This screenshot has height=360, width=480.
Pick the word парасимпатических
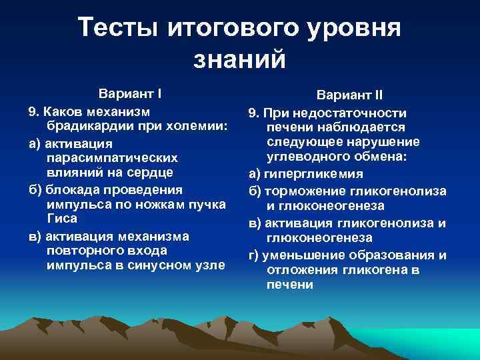point(113,157)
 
